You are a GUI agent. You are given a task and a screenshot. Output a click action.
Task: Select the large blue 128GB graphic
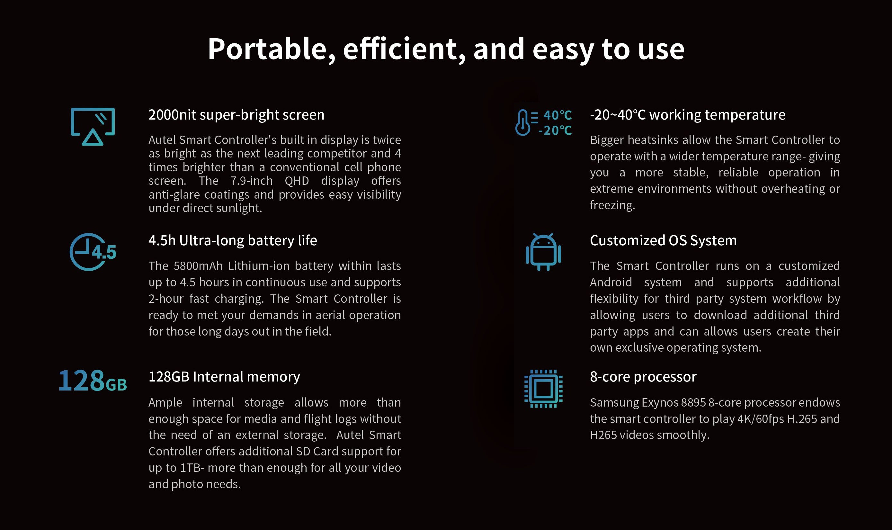click(93, 381)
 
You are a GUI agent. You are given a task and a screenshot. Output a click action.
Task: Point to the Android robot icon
click(543, 252)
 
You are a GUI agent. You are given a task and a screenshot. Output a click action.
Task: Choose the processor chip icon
click(543, 389)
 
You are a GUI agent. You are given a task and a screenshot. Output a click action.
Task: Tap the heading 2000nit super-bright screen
click(236, 115)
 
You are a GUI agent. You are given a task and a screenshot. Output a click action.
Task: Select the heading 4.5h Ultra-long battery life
click(233, 241)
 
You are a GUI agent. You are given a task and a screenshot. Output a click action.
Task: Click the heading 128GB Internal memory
click(224, 377)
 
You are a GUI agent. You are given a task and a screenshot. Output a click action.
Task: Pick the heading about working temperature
click(687, 115)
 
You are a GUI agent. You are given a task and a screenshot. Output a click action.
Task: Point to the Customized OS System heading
click(663, 241)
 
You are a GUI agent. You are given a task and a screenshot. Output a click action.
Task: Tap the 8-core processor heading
click(643, 377)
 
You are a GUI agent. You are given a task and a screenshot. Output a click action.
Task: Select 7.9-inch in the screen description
click(251, 181)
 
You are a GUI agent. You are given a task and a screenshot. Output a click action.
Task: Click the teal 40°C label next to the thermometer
click(557, 115)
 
